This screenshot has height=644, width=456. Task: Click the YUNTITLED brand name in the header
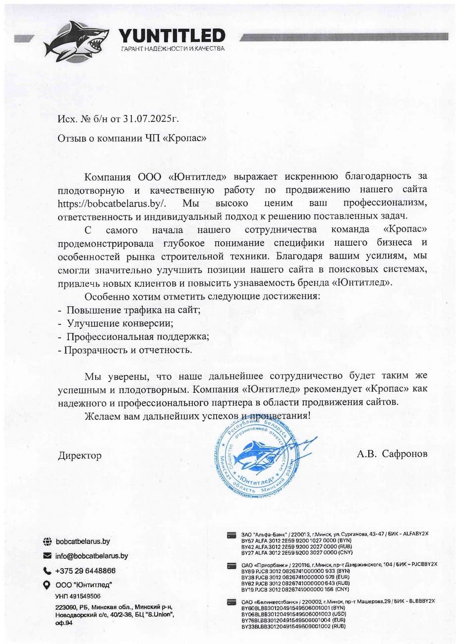click(171, 35)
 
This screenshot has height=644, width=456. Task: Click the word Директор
click(80, 455)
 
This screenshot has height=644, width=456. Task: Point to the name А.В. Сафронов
click(392, 454)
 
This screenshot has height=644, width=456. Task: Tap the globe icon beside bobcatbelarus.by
click(48, 542)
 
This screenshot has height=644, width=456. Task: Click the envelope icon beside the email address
click(48, 556)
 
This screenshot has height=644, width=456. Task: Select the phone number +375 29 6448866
click(86, 570)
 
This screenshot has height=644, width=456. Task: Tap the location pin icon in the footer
click(48, 585)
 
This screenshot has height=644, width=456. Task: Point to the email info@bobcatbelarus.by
click(92, 556)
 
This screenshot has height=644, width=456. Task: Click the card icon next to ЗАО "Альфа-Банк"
click(231, 535)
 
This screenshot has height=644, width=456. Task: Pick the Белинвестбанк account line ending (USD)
click(286, 614)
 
